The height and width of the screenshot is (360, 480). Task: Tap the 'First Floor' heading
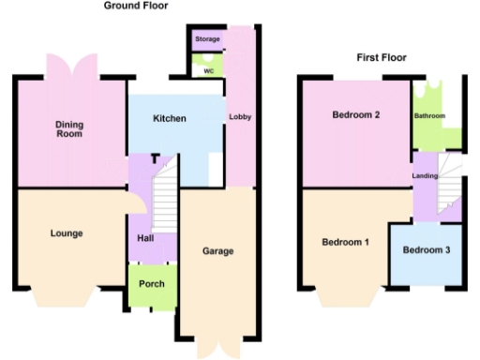click(x=381, y=58)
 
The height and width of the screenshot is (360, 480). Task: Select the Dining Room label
click(x=68, y=128)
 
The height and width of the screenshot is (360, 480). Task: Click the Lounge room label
click(x=67, y=233)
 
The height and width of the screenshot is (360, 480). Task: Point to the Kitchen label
click(x=170, y=119)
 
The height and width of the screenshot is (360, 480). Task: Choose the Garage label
click(x=217, y=251)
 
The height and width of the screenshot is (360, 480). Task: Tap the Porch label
click(x=152, y=284)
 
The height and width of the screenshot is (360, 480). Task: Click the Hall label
click(x=145, y=237)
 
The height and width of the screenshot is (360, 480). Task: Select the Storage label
click(x=207, y=39)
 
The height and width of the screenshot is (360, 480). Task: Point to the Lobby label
click(x=239, y=116)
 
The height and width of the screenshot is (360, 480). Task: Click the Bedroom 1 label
click(x=345, y=243)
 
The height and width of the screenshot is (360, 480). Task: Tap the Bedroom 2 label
click(x=356, y=115)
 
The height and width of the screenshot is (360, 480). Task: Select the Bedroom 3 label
click(x=427, y=250)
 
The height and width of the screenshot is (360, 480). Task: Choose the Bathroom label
click(x=430, y=116)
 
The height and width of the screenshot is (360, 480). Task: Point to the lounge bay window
click(x=67, y=298)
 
